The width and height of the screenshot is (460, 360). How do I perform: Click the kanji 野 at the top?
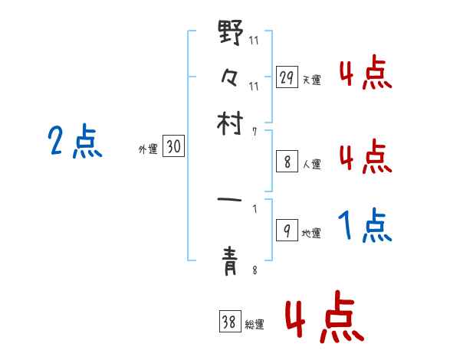231,35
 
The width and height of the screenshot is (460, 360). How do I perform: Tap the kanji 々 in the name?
230,78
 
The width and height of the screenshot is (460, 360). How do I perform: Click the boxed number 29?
287,77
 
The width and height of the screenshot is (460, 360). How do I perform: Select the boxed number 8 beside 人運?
287,162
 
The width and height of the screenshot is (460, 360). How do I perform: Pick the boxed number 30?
173,148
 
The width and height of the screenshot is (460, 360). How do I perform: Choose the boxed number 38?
228,322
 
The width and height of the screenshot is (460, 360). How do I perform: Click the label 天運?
311,80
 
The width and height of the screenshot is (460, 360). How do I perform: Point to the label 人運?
311,164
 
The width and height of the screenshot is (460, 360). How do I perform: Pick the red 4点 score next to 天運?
364,74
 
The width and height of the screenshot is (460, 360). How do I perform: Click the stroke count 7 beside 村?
255,132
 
